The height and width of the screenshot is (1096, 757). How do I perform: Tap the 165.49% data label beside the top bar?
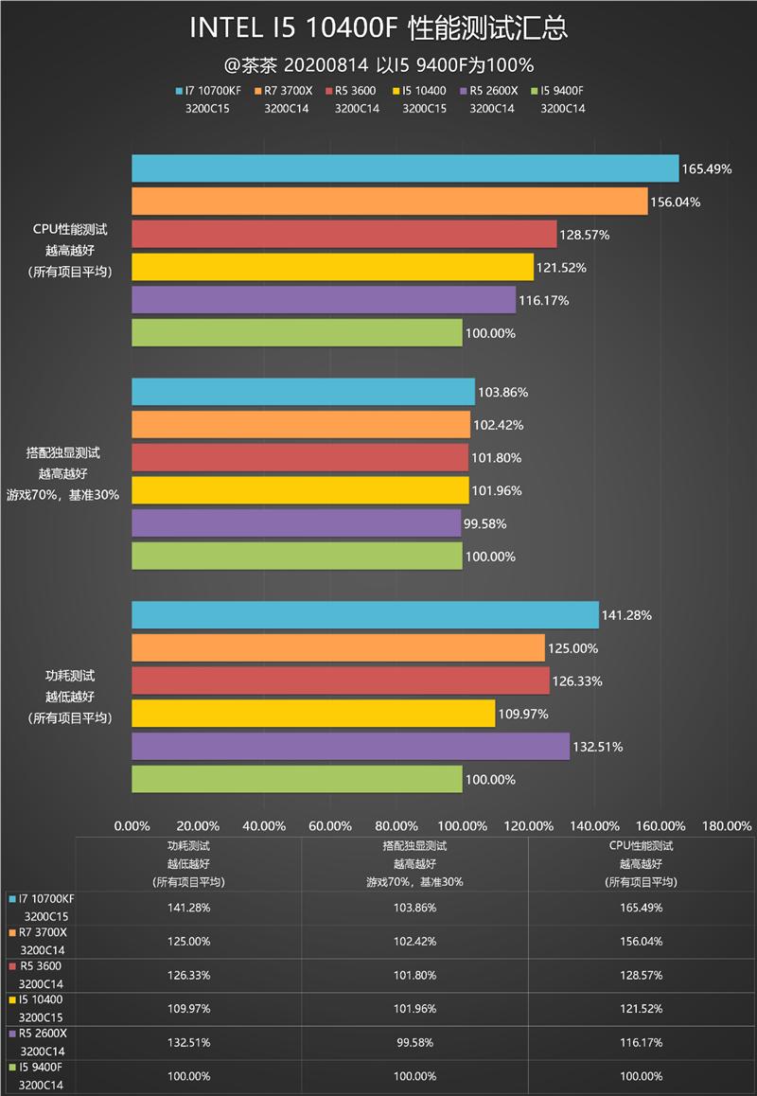click(706, 169)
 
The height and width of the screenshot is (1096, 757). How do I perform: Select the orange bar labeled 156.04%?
click(389, 202)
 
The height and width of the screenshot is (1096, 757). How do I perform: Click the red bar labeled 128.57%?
click(343, 235)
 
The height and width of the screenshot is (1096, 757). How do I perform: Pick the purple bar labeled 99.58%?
click(295, 523)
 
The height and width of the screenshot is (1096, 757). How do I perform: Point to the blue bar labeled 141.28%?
click(364, 615)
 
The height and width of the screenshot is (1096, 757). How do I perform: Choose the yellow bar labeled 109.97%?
click(312, 714)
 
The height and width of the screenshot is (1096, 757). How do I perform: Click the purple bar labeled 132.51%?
click(350, 747)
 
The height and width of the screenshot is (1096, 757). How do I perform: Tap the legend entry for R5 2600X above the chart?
click(492, 91)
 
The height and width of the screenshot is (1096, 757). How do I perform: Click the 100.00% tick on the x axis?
click(463, 825)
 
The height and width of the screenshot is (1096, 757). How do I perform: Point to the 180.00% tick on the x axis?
click(728, 825)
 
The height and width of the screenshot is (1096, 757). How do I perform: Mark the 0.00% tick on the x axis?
click(132, 825)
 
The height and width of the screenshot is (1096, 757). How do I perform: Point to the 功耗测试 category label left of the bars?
click(70, 676)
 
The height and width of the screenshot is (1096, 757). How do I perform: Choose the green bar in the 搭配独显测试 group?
click(296, 557)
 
